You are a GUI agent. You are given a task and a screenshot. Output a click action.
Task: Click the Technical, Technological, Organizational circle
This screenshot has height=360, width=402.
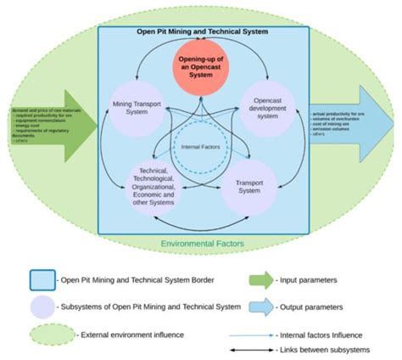(154, 186)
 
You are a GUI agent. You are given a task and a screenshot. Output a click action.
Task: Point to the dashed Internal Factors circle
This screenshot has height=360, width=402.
(201, 146)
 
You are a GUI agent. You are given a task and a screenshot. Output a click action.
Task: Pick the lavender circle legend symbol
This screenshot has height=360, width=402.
(42, 307)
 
